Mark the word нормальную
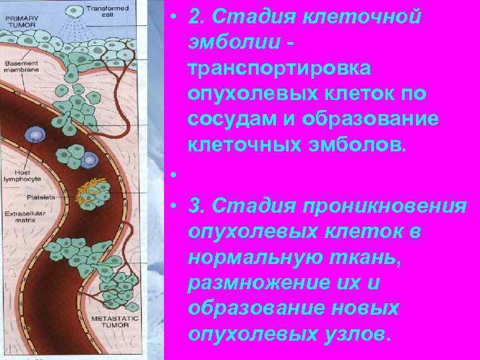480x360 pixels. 255,258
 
